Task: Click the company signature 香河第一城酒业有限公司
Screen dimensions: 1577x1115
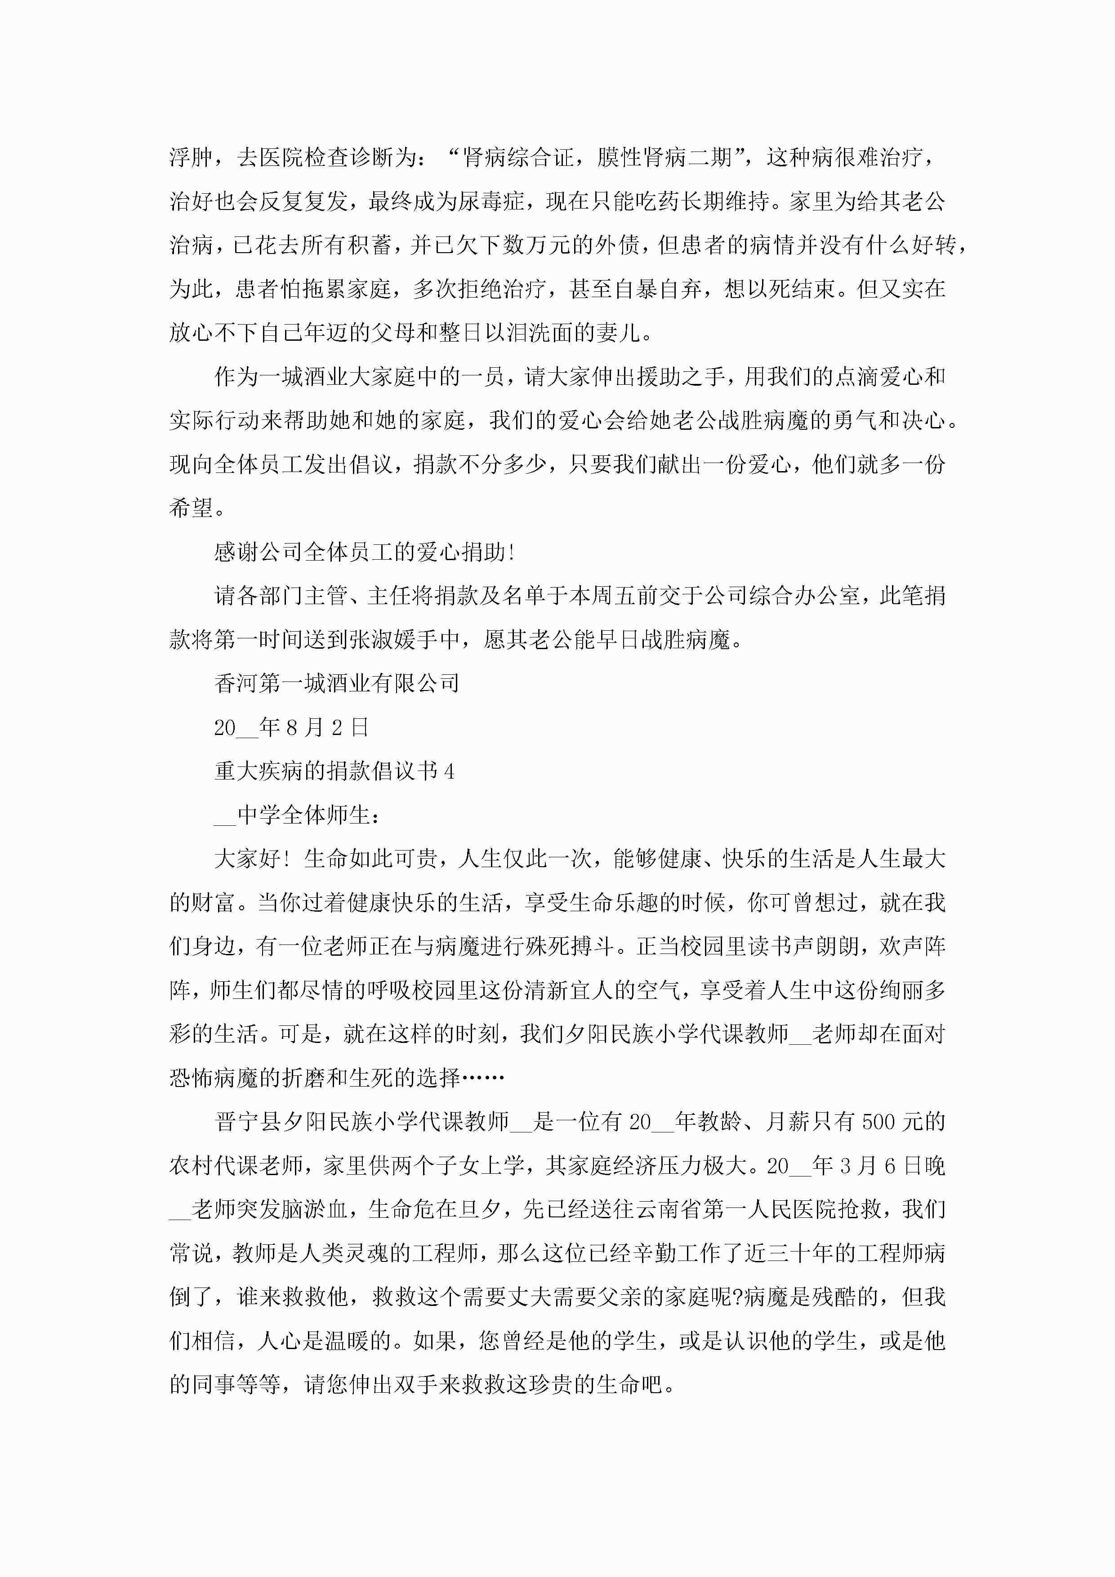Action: [337, 683]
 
